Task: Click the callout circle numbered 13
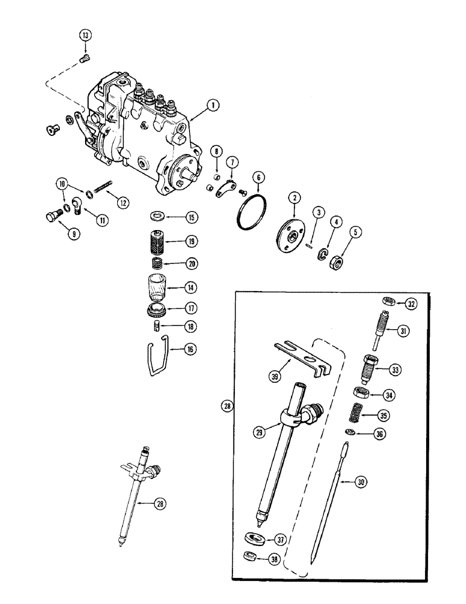(85, 36)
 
